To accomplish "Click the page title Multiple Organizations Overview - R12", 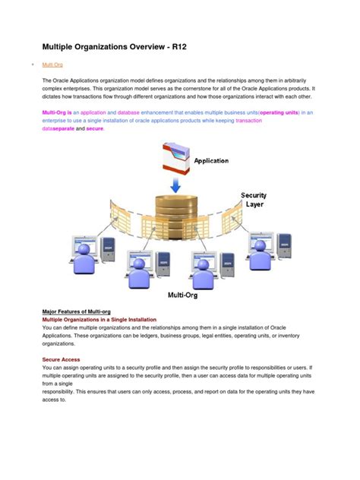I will click(x=113, y=47).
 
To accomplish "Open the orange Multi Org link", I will click(x=52, y=66).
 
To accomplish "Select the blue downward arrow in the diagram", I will click(x=175, y=185).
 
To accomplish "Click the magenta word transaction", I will click(x=249, y=120).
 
